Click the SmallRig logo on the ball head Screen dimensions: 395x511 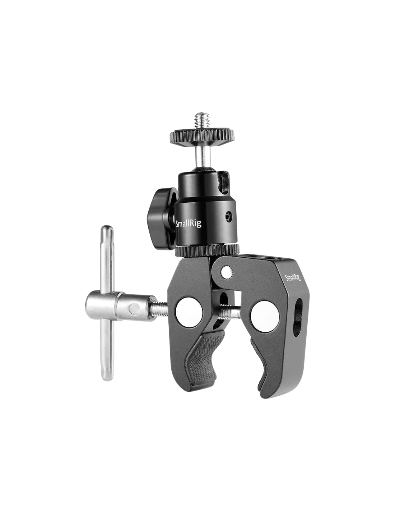pos(189,223)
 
